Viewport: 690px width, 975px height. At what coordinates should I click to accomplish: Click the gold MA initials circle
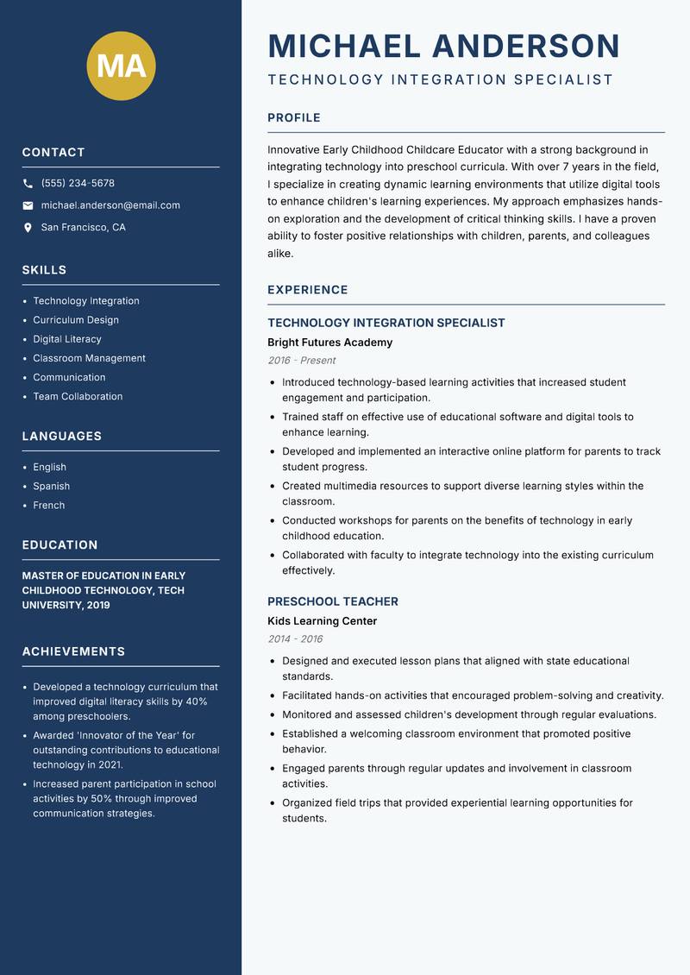pyautogui.click(x=121, y=66)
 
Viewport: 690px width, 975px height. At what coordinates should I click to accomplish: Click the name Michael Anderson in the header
pyautogui.click(x=443, y=46)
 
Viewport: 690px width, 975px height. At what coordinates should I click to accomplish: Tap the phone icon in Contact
pyautogui.click(x=28, y=184)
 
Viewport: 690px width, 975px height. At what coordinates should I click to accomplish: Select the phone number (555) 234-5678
pyautogui.click(x=78, y=184)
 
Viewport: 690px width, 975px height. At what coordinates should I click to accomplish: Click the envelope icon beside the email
pyautogui.click(x=28, y=205)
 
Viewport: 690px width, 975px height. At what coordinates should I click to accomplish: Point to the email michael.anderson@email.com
pyautogui.click(x=110, y=205)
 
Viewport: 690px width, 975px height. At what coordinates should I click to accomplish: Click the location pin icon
pyautogui.click(x=28, y=228)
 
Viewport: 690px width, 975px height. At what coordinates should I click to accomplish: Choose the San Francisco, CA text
pyautogui.click(x=83, y=228)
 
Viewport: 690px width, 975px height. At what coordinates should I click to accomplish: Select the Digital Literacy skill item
pyautogui.click(x=67, y=339)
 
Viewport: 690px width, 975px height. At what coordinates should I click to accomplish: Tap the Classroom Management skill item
pyautogui.click(x=89, y=358)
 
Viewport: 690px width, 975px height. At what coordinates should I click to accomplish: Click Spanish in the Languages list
pyautogui.click(x=51, y=487)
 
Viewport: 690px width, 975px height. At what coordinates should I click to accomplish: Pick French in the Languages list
pyautogui.click(x=48, y=506)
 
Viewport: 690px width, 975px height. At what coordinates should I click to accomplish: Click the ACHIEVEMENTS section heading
pyautogui.click(x=73, y=651)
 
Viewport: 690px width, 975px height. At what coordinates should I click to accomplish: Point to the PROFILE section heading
pyautogui.click(x=293, y=118)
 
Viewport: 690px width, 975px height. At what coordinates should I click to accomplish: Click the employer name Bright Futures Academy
pyautogui.click(x=329, y=343)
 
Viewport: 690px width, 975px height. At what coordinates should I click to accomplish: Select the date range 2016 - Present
pyautogui.click(x=301, y=361)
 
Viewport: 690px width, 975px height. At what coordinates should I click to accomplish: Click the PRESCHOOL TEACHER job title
pyautogui.click(x=332, y=601)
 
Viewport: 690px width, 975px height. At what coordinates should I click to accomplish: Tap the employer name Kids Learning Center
pyautogui.click(x=322, y=621)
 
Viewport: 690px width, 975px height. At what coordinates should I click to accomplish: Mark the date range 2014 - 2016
pyautogui.click(x=294, y=639)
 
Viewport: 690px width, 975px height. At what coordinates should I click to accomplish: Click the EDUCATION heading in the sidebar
pyautogui.click(x=60, y=545)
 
